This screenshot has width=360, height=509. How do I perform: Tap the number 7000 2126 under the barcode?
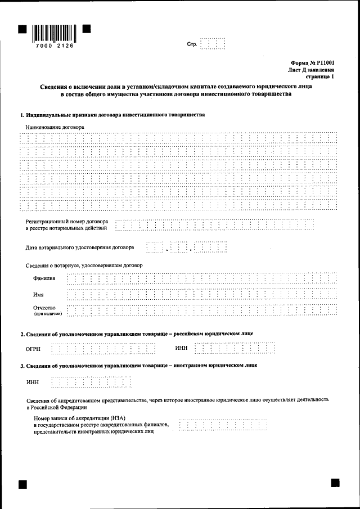[x=54, y=46]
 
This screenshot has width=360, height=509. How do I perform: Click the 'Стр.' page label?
[x=192, y=44]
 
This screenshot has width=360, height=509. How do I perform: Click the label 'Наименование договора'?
[x=55, y=128]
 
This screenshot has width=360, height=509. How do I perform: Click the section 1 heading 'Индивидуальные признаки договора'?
[x=112, y=115]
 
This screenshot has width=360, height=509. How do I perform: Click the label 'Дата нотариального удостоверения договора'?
[x=80, y=247]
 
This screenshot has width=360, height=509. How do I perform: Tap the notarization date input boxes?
[x=186, y=247]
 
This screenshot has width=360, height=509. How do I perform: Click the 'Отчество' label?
[x=44, y=307]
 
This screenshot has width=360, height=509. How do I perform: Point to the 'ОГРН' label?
[x=33, y=349]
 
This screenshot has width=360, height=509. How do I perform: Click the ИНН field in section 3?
[x=91, y=383]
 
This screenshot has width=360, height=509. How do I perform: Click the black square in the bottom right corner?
[x=335, y=483]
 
